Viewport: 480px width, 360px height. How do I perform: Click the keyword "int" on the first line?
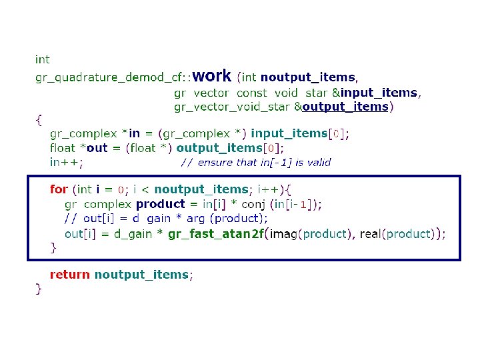click(x=42, y=59)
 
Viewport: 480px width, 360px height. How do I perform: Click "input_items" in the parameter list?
click(x=378, y=93)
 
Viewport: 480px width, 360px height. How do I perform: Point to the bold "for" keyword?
click(x=59, y=189)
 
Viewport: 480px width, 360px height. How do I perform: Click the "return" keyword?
click(x=70, y=275)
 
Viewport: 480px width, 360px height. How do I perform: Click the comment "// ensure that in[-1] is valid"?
click(x=255, y=162)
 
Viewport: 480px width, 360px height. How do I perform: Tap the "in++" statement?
click(x=67, y=162)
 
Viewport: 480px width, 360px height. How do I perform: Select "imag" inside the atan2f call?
click(x=285, y=233)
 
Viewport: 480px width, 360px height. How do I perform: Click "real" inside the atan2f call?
click(x=371, y=233)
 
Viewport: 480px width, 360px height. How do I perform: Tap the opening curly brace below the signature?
click(x=39, y=121)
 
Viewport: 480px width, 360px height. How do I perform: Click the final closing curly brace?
click(x=39, y=289)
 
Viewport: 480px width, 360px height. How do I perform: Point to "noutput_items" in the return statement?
click(x=141, y=275)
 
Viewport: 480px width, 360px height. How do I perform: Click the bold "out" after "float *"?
click(x=97, y=148)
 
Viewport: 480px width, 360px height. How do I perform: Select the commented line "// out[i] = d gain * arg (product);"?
click(x=166, y=219)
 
